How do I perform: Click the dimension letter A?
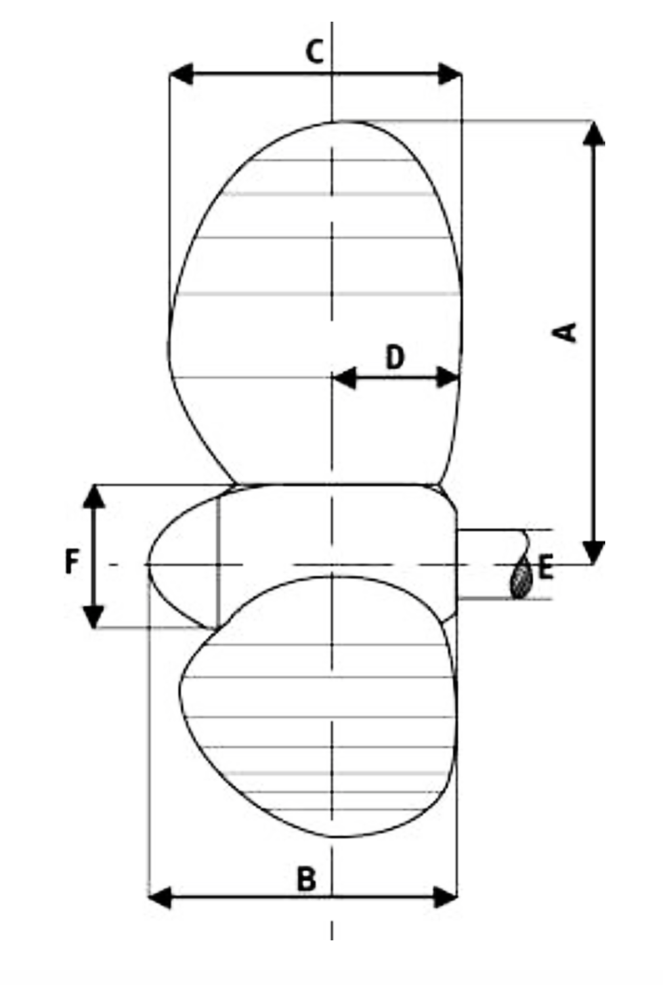(564, 332)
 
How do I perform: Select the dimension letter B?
(307, 879)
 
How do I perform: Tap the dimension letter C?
(315, 52)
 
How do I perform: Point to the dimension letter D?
(395, 358)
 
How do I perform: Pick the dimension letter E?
(545, 568)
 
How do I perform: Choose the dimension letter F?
(72, 562)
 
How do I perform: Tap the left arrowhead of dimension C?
(181, 74)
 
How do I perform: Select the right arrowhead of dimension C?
(451, 74)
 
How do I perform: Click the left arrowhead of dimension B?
(161, 896)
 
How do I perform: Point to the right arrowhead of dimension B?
(446, 896)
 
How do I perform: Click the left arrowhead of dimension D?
(344, 378)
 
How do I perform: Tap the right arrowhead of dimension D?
(448, 378)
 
